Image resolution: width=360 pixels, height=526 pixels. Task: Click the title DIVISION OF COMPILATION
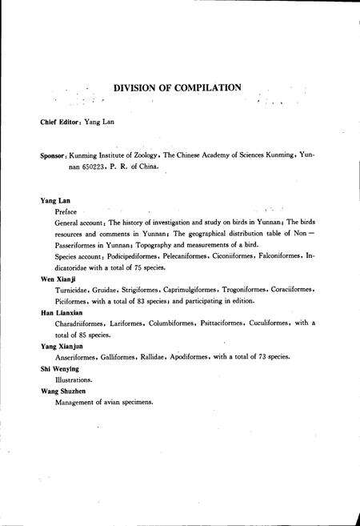pyautogui.click(x=177, y=86)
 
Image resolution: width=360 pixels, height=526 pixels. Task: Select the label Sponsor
pyautogui.click(x=54, y=158)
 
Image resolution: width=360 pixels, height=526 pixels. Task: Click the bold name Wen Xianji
pyautogui.click(x=57, y=279)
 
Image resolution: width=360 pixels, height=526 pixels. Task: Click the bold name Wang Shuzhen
pyautogui.click(x=63, y=391)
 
